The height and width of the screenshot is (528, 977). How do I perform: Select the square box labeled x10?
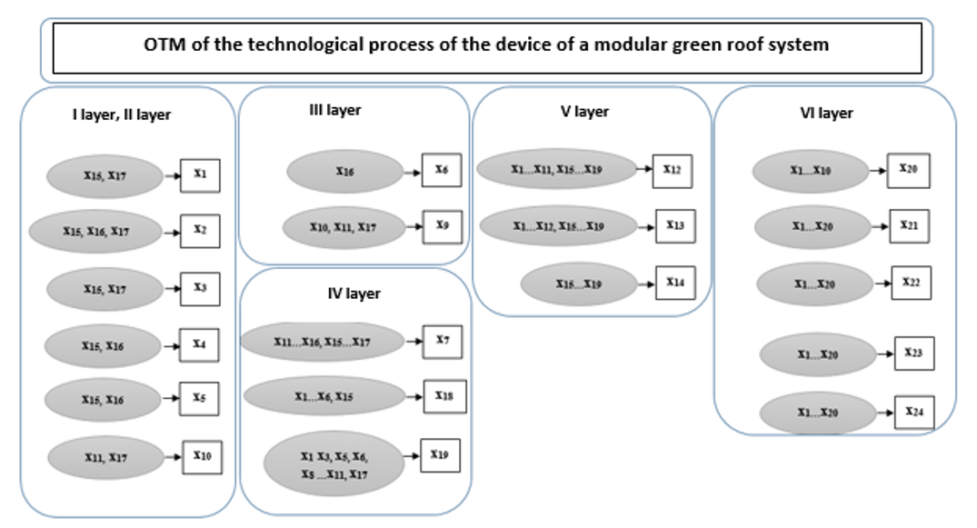[202, 456]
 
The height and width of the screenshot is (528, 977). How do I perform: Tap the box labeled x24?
[914, 412]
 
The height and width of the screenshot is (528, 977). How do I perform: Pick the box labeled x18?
[444, 396]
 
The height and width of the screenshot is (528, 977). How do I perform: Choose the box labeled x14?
[674, 284]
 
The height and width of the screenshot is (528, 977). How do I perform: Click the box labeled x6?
[442, 170]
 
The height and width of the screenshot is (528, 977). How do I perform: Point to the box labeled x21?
[909, 225]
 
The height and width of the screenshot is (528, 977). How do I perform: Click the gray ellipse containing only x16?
[344, 171]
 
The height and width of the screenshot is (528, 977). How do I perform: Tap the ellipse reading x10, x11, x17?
[342, 227]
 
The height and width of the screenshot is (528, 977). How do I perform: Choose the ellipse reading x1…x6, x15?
[324, 397]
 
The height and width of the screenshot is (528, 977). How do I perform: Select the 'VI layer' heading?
[821, 114]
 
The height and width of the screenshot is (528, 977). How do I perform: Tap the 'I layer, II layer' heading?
[122, 115]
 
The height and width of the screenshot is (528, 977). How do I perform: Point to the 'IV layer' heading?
[354, 294]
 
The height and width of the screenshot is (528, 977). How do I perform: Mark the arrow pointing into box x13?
[644, 226]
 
